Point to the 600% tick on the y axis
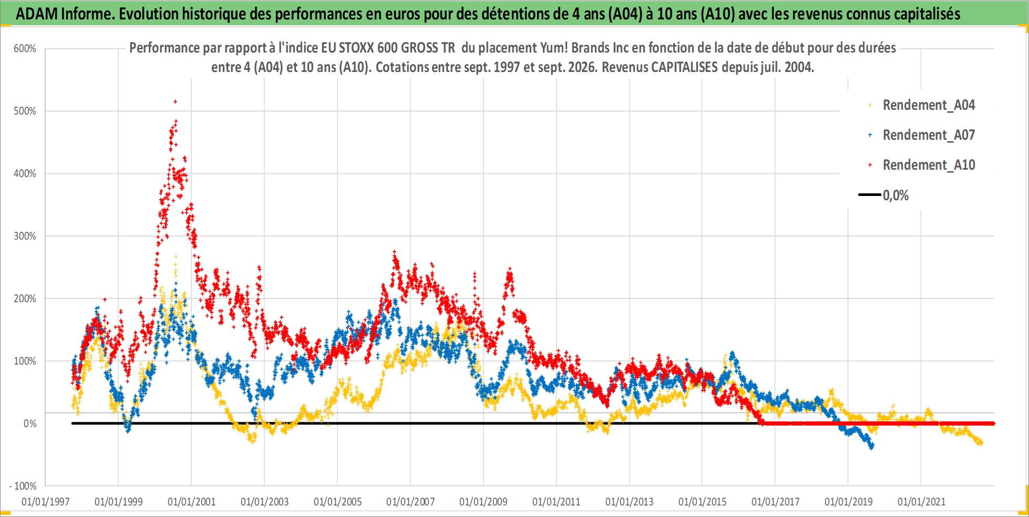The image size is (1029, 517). (25, 49)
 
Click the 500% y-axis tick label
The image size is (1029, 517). (25, 111)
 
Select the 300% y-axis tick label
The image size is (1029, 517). (25, 236)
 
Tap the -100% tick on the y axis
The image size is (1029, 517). (23, 486)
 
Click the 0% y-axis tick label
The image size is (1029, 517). (30, 424)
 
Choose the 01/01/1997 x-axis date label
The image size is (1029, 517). (46, 502)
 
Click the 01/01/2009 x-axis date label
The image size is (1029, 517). (483, 502)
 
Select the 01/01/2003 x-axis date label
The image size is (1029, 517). (265, 502)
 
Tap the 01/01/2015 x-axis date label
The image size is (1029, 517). (703, 502)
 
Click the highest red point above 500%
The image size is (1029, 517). (175, 101)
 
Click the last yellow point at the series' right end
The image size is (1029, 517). (981, 443)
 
